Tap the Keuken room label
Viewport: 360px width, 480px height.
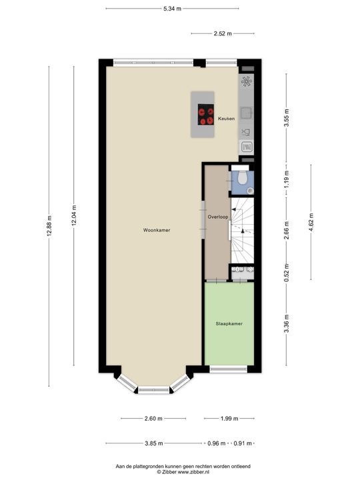[226, 119]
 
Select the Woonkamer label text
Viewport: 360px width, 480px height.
[157, 230]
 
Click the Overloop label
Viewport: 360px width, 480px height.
[217, 217]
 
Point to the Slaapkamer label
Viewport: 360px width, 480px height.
[229, 323]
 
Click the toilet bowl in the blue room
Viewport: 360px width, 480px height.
[243, 178]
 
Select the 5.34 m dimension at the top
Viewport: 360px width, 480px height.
[172, 9]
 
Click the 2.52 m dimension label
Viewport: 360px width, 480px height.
[223, 33]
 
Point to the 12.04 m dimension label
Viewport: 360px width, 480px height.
[74, 219]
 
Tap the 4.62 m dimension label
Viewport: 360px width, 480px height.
[310, 222]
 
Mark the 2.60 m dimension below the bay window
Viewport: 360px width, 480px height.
[153, 419]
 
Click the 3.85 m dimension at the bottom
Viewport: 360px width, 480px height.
[154, 443]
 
